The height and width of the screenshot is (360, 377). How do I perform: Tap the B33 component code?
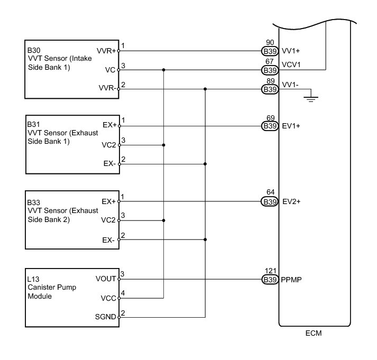[33, 202]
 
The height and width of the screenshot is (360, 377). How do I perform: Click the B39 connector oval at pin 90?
[270, 51]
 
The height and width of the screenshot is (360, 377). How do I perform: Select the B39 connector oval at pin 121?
[270, 279]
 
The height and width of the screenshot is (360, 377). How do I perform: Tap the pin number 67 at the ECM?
[270, 62]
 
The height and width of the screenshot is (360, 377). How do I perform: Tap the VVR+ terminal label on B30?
[107, 51]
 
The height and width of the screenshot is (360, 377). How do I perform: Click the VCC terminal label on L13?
[109, 298]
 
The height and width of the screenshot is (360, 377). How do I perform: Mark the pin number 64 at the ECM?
[270, 194]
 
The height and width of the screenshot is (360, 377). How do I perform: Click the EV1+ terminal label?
[291, 126]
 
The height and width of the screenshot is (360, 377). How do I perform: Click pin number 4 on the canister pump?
[123, 293]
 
